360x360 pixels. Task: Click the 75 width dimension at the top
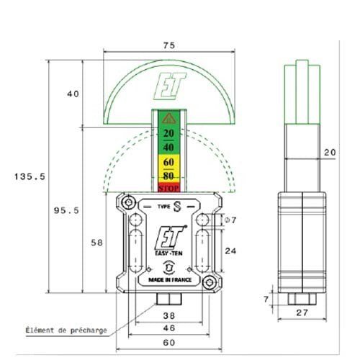point(168,45)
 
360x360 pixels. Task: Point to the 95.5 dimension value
point(67,210)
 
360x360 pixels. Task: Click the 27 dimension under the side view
point(301,313)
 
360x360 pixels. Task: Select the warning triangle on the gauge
point(168,119)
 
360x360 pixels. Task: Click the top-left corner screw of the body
point(130,204)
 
